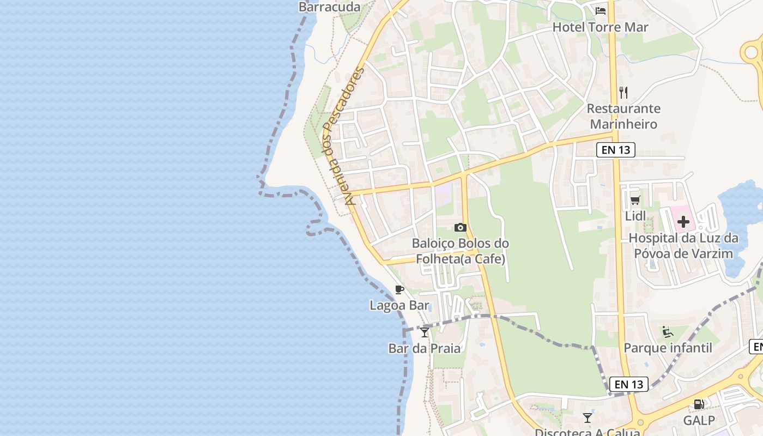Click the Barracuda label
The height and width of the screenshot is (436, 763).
pos(330,7)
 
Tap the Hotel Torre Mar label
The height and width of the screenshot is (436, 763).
pos(601,27)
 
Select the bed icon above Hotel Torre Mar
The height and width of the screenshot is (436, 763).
pos(601,11)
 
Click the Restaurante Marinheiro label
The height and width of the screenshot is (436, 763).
pos(623,116)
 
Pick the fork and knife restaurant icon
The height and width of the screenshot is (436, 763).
pos(623,92)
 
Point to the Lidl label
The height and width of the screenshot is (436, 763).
pos(635,216)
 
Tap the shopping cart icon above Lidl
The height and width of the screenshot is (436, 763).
pos(635,201)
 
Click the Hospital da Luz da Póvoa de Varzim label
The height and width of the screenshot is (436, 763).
pos(683,246)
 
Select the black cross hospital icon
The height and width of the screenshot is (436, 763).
pos(683,222)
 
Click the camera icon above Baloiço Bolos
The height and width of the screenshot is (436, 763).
pos(461,227)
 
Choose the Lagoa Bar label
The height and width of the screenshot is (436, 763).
pos(399,306)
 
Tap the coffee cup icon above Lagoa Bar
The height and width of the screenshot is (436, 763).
pos(399,289)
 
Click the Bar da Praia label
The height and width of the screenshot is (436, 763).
pos(425,348)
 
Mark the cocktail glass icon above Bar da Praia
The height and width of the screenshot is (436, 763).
pos(425,332)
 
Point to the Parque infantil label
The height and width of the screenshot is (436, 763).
pos(668,348)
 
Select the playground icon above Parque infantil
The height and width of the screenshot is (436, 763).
pos(668,331)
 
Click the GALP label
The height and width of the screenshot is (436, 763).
pos(699,421)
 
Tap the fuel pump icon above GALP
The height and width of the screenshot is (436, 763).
pos(699,404)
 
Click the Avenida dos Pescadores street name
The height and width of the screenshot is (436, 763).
pos(343,136)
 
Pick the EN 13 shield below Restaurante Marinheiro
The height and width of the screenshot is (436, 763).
pos(616,150)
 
